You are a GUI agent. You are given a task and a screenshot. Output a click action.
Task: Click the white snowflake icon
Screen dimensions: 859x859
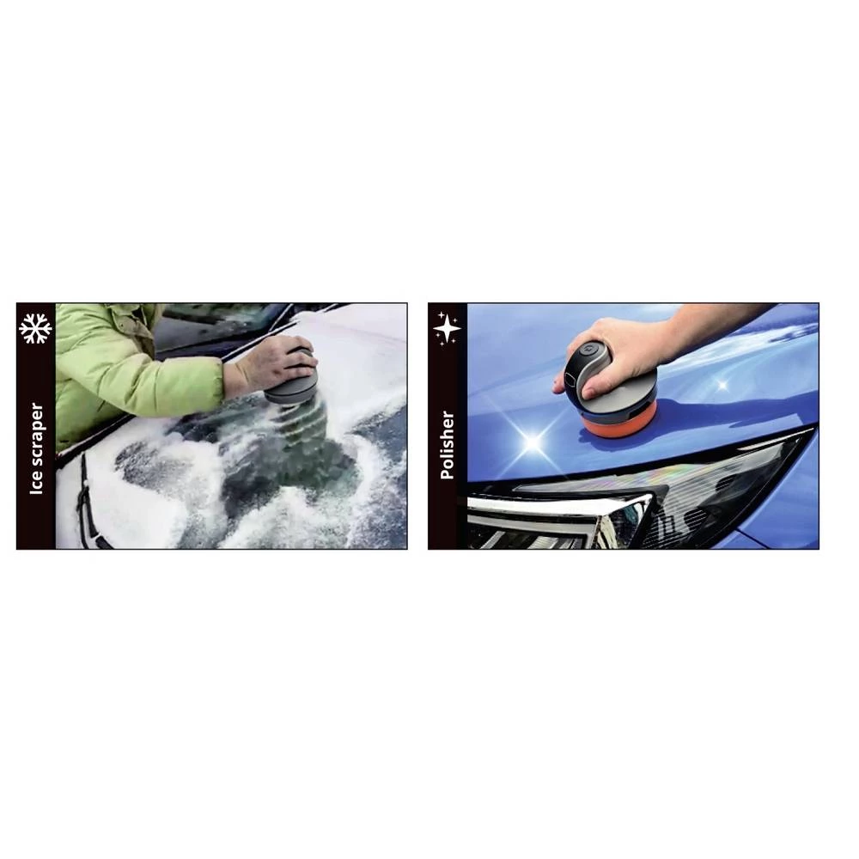tap(35, 329)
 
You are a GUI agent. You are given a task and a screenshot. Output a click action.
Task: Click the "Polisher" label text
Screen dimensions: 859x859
tap(448, 445)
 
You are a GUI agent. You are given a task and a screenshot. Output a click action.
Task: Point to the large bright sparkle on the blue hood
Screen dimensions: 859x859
tap(533, 442)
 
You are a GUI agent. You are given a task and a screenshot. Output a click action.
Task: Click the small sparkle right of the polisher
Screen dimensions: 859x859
tap(722, 385)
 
